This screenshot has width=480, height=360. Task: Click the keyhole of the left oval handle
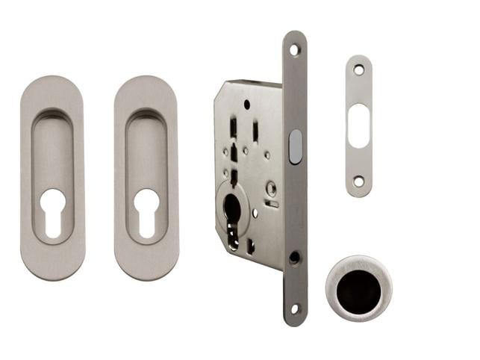52,211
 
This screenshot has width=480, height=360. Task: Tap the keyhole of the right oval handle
146,211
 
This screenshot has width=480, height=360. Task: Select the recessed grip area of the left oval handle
52,149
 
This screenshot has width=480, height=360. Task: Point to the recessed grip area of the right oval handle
146,149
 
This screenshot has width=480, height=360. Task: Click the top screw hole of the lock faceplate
295,50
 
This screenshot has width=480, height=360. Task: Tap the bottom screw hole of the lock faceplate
295,308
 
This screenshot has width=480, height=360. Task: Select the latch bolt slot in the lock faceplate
295,146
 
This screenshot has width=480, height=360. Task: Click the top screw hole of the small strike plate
358,69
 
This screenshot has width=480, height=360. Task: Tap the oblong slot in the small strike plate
358,122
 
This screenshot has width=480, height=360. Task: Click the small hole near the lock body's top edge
246,105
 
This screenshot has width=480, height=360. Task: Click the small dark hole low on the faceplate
294,258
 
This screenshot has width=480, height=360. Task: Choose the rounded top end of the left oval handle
52,86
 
